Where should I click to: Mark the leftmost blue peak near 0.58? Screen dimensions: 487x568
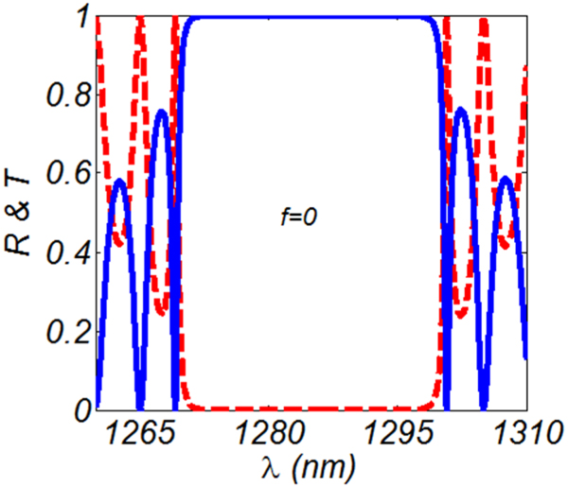118,181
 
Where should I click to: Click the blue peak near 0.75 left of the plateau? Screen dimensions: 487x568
161,113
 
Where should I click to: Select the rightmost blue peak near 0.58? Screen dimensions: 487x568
506,179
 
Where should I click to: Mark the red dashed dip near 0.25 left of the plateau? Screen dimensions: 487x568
161,311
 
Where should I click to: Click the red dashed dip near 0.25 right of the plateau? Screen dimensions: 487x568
462,311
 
